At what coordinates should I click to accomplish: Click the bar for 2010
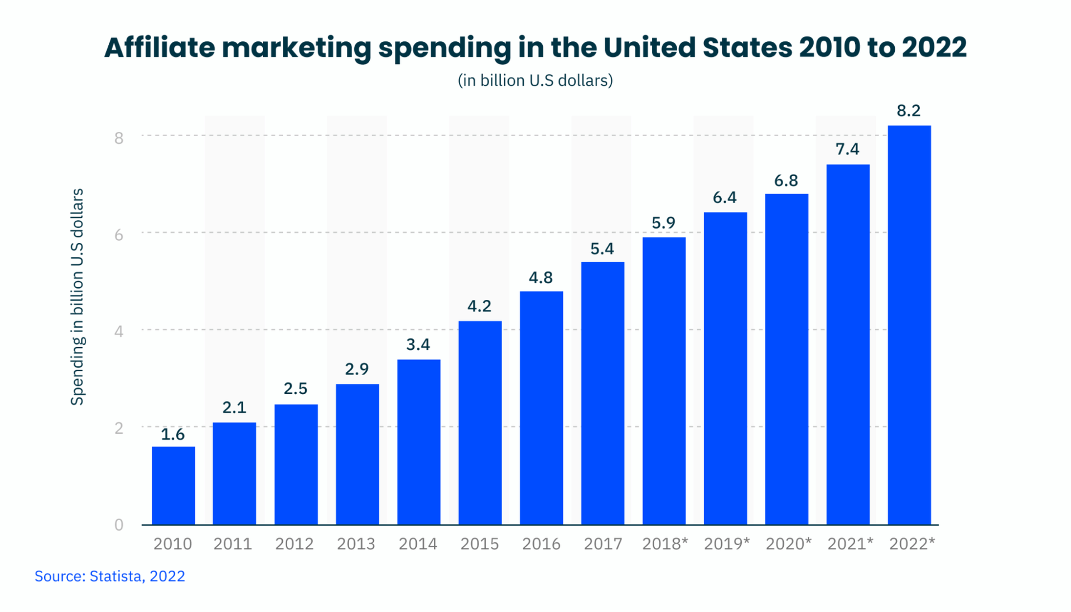click(x=173, y=485)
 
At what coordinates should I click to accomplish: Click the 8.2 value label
click(x=909, y=111)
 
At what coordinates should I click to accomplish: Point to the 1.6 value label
click(x=173, y=434)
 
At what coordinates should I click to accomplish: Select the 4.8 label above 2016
click(x=541, y=278)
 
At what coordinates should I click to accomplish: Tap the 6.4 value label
click(x=725, y=197)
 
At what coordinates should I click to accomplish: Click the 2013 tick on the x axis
click(x=356, y=543)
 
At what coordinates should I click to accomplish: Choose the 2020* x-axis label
click(x=788, y=543)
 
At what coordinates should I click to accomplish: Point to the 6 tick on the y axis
click(x=119, y=235)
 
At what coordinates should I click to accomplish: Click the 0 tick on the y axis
click(x=119, y=524)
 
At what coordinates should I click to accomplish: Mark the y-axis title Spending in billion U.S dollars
click(x=78, y=297)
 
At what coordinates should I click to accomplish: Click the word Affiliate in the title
click(x=160, y=47)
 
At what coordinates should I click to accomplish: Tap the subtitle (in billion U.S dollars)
click(x=535, y=80)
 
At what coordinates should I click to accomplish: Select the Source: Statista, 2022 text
click(x=110, y=576)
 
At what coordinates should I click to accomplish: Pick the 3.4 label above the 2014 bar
click(x=418, y=344)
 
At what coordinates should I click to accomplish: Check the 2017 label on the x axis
click(x=602, y=543)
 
